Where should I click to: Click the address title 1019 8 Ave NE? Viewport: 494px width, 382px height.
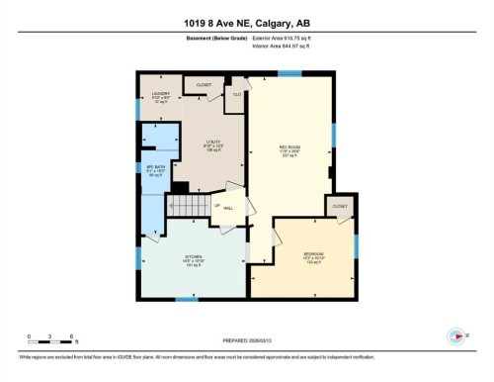coord(247,23)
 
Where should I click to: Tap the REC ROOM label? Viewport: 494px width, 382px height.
coord(288,149)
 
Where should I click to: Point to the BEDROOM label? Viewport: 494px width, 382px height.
coord(314,256)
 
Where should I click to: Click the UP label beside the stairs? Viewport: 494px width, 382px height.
coord(216,206)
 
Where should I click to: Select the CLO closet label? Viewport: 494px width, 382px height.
coord(236,94)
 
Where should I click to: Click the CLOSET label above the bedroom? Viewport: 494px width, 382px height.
coord(340,206)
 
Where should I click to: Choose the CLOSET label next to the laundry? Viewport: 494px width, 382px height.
coord(204,85)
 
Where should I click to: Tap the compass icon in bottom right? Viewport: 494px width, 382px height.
coord(456,335)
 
